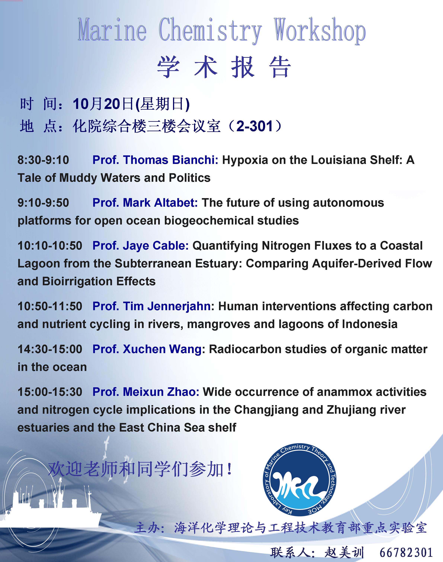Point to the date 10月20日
pos(103,104)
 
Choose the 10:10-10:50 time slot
pos(50,246)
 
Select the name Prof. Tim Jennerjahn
pos(151,306)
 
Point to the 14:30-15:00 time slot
pos(50,349)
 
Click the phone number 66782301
pos(406,552)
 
